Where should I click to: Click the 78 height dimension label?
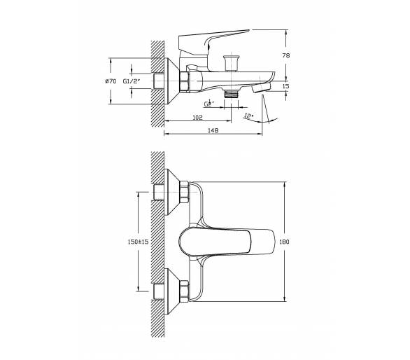pyautogui.click(x=286, y=55)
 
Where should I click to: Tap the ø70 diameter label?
pyautogui.click(x=111, y=81)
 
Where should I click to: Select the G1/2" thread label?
pyautogui.click(x=132, y=81)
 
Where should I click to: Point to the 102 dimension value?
pyautogui.click(x=197, y=118)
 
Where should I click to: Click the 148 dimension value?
pyautogui.click(x=213, y=130)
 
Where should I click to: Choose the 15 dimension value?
pyautogui.click(x=286, y=86)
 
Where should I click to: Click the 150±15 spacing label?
pyautogui.click(x=138, y=242)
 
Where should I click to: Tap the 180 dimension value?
pyautogui.click(x=284, y=242)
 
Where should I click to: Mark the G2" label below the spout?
pyautogui.click(x=209, y=104)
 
